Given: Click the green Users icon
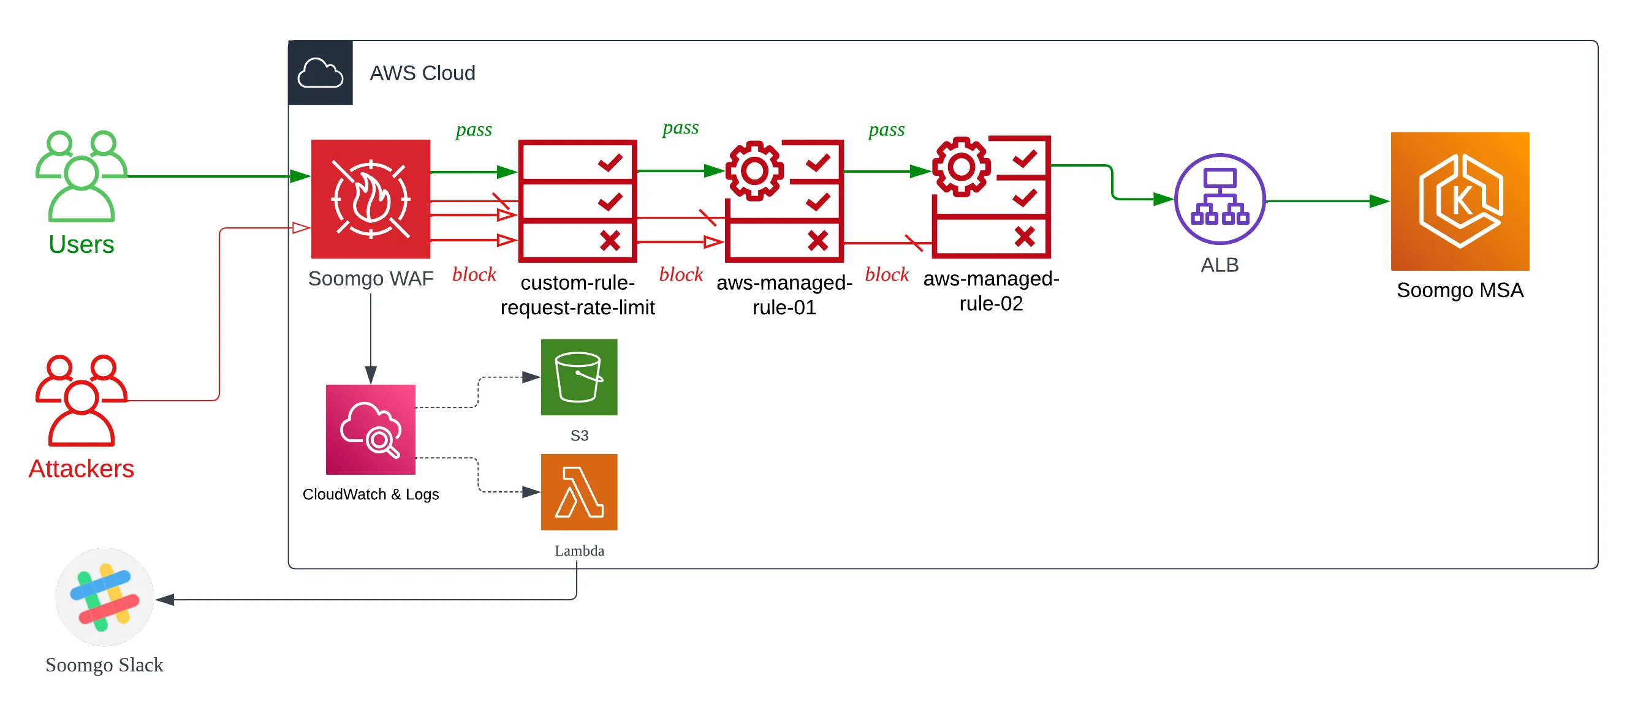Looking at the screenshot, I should click(82, 176).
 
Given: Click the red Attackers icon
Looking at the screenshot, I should click(82, 401).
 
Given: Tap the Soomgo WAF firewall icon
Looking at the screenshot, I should click(371, 199).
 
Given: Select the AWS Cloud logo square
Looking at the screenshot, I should click(321, 73).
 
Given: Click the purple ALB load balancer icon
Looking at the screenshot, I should click(1220, 199).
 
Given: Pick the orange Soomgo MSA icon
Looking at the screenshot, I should click(1460, 201).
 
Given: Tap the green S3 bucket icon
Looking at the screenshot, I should click(579, 377).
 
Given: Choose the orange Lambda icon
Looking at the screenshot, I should click(579, 492).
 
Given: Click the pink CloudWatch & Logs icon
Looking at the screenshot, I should click(371, 429).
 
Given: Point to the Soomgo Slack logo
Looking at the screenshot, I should click(105, 597).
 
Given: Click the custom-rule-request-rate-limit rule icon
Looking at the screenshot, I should click(577, 201).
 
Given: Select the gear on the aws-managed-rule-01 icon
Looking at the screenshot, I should click(754, 171).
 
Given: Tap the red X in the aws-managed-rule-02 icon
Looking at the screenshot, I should click(1025, 236).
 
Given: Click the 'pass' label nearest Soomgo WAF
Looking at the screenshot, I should click(474, 129).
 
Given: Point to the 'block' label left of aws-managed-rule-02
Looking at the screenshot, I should click(887, 274).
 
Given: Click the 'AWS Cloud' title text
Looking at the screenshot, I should click(422, 73).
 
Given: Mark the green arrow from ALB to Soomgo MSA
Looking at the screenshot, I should click(1327, 201).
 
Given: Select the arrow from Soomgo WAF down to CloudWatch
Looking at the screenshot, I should click(371, 336).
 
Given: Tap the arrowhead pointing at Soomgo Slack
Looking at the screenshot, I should click(165, 599).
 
